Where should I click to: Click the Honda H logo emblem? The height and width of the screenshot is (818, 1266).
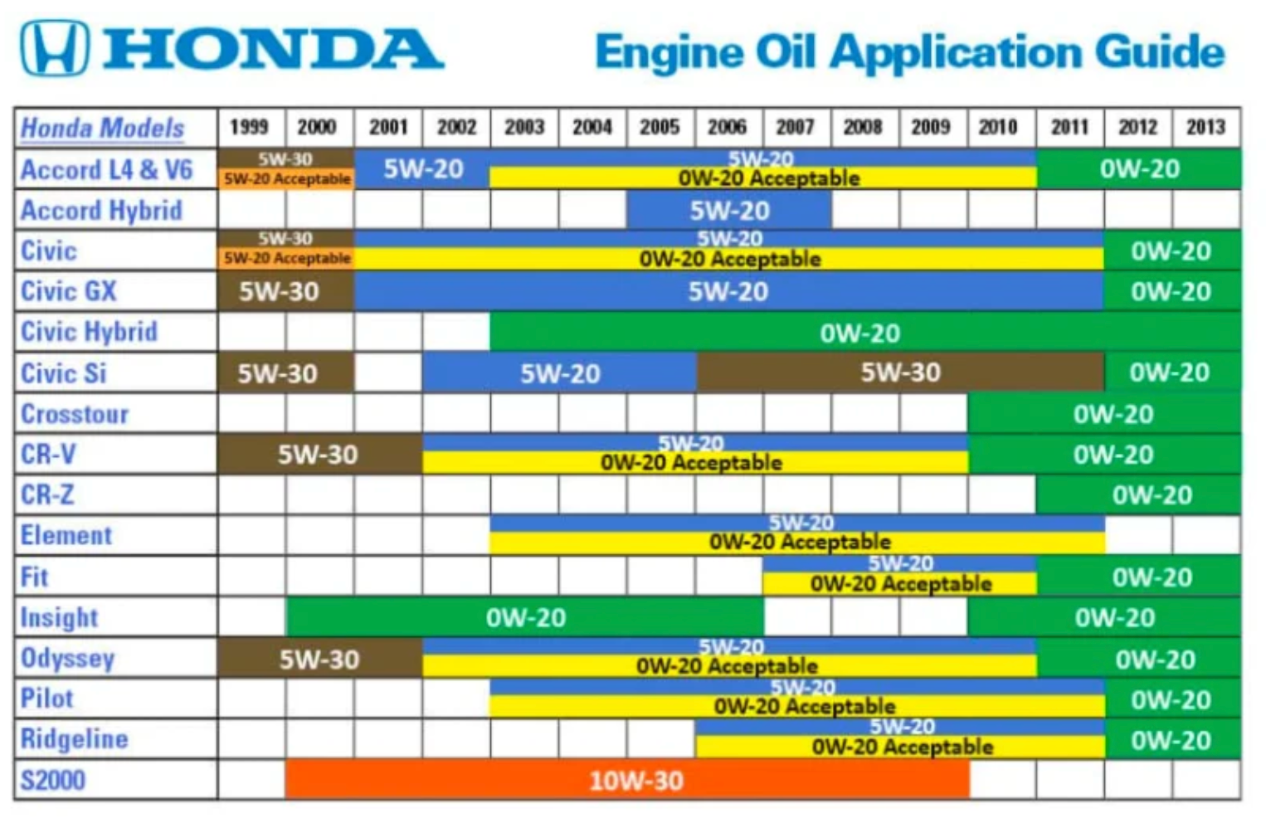point(55,47)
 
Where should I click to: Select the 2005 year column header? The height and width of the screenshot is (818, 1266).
point(660,127)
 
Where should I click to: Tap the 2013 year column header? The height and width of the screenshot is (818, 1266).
point(1206,127)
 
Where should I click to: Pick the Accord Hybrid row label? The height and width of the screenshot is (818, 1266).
point(102,210)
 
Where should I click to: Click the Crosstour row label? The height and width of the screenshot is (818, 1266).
point(75,414)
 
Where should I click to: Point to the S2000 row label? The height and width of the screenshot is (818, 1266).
point(52,780)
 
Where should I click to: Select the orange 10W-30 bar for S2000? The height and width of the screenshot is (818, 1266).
point(627,780)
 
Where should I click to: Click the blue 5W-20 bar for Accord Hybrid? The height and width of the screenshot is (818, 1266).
point(729,210)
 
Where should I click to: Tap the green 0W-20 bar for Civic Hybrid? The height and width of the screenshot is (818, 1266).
point(865,333)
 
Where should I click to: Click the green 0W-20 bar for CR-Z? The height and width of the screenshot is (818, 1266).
point(1139,494)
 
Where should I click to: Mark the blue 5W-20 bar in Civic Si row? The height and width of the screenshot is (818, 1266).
point(559,373)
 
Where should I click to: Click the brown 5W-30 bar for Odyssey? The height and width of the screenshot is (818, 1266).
point(320,659)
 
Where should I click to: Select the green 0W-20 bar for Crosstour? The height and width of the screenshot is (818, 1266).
point(1104,414)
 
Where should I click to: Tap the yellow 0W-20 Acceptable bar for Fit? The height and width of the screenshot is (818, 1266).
point(900,583)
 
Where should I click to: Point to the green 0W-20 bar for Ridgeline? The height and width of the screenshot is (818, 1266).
point(1173,739)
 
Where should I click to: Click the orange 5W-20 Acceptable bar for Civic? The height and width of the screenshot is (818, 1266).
point(286,258)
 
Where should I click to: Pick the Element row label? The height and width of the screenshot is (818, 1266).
point(66,535)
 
